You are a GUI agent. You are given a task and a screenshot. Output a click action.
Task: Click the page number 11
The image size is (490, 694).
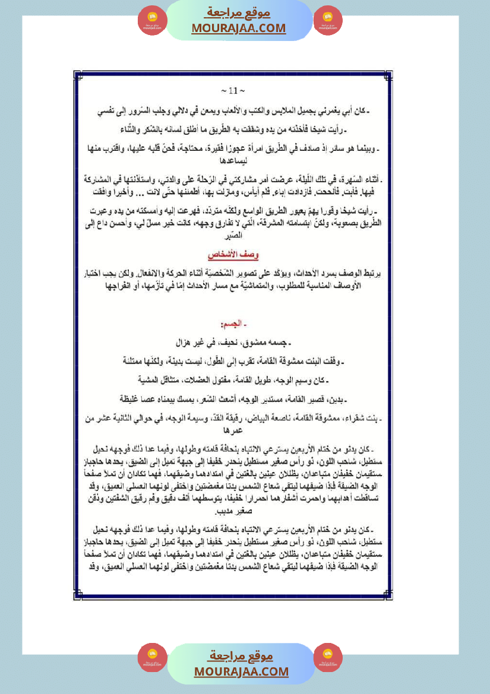tap(233, 91)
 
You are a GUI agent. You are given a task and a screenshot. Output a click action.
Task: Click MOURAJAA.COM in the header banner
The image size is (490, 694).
tap(238, 28)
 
